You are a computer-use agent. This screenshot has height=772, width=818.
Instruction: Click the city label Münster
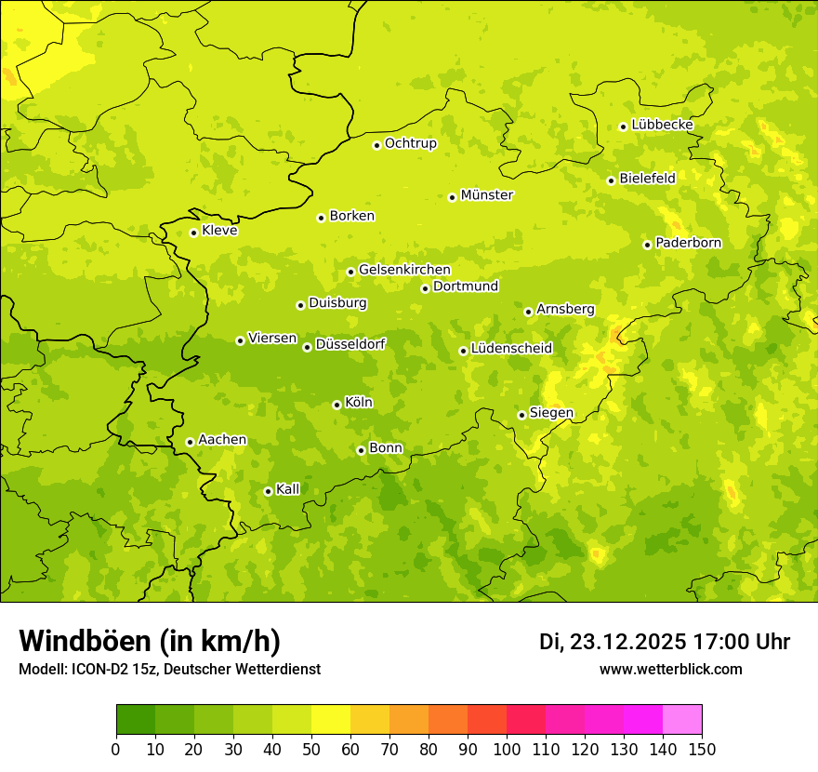[486, 195]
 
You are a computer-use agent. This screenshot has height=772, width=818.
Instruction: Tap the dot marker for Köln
[336, 405]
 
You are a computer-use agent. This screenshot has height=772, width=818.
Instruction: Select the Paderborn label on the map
[688, 243]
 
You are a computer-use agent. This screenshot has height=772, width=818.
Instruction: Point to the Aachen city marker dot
[190, 442]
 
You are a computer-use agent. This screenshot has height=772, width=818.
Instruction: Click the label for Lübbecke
[662, 125]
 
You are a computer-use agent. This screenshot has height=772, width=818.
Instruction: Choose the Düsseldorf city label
[350, 344]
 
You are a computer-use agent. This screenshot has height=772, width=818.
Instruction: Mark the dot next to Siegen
[521, 415]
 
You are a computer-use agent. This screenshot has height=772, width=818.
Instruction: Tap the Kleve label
[219, 231]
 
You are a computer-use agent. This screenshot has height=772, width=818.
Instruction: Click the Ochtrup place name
[410, 143]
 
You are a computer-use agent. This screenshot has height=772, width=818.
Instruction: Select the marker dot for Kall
[268, 491]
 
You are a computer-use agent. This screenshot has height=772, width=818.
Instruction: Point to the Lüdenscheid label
[511, 349]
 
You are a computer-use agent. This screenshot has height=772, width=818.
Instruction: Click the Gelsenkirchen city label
[404, 270]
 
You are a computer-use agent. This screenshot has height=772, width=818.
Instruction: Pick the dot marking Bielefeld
[611, 180]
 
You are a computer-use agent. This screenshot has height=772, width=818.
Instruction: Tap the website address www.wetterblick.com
[670, 670]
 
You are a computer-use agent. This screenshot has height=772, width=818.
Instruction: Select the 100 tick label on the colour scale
[506, 749]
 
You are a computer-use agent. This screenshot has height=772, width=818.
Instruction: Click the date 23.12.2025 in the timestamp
[627, 642]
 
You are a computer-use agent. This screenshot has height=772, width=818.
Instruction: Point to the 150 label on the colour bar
[701, 749]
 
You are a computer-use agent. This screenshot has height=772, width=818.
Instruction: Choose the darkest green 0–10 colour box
[135, 720]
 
